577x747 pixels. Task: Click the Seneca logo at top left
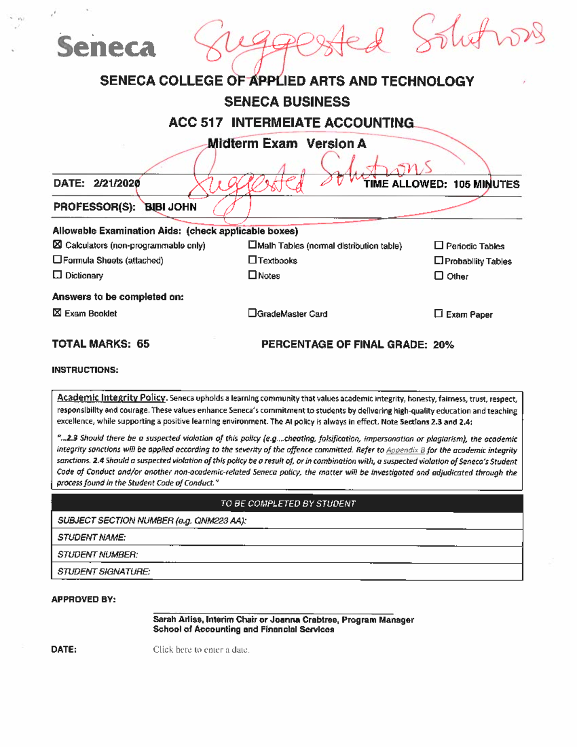106,47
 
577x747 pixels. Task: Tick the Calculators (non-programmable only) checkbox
57,244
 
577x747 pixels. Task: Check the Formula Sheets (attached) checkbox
57,260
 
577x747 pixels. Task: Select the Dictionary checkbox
57,275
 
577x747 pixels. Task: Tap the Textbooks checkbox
252,260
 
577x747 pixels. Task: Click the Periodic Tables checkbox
439,245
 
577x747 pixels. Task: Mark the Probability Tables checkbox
439,260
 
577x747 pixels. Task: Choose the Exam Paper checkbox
439,314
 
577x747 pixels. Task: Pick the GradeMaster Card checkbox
252,313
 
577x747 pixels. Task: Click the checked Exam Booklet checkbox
57,313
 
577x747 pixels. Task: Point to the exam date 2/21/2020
117,183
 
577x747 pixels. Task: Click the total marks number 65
143,344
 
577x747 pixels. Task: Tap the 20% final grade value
443,345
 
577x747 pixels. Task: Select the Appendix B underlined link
405,450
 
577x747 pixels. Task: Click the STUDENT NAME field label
91,537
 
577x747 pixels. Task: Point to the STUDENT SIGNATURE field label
103,571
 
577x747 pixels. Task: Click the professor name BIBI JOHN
171,207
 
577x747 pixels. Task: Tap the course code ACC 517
195,123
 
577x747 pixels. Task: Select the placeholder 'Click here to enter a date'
201,650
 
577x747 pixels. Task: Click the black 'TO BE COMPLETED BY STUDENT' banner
288,504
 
